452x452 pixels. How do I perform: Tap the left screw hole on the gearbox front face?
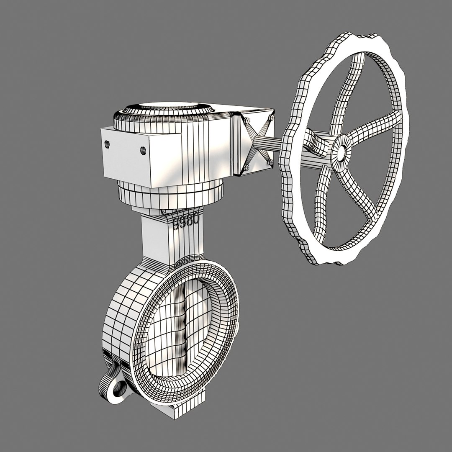(107, 144)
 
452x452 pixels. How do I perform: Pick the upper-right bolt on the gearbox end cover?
(271, 118)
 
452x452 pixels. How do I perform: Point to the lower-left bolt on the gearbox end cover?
(247, 167)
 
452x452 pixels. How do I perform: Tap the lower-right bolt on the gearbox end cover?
(270, 162)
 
